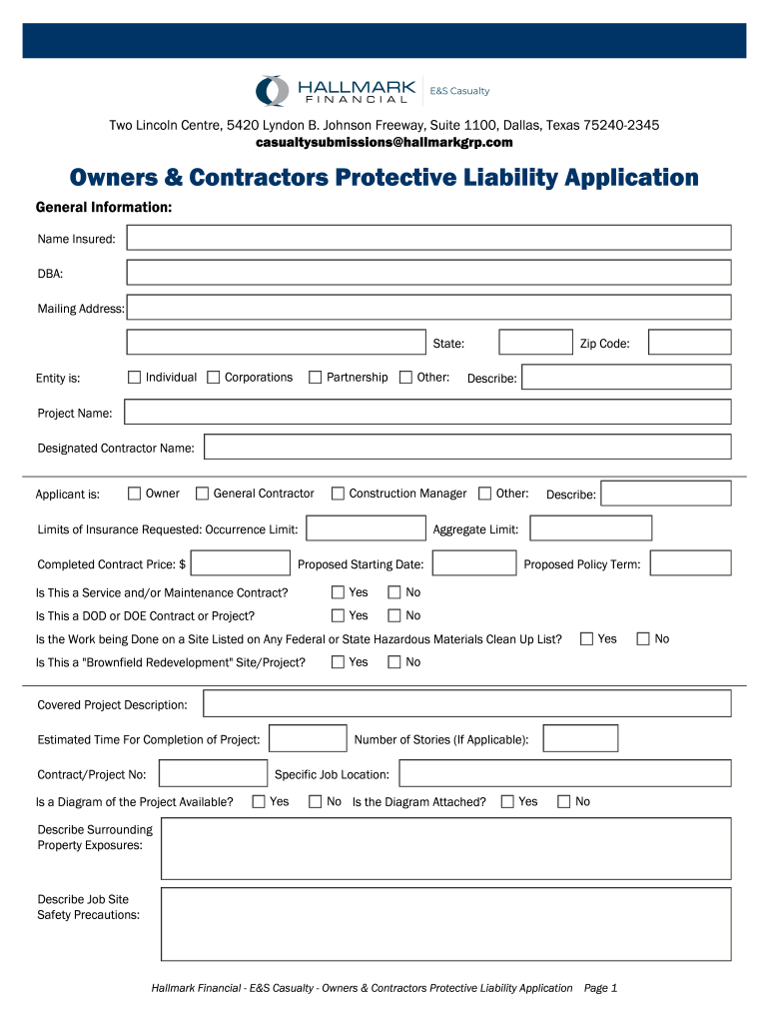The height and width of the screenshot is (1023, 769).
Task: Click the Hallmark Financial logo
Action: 336,91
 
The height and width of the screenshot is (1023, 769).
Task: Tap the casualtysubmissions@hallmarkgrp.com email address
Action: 384,143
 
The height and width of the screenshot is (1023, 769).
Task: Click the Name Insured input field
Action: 428,238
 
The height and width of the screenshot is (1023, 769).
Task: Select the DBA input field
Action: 428,273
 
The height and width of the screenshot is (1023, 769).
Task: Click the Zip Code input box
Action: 689,343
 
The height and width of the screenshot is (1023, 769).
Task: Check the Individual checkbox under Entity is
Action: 134,378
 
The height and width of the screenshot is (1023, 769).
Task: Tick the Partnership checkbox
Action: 315,378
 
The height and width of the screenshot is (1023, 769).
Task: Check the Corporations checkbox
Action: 213,378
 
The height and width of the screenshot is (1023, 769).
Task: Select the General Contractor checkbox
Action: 202,494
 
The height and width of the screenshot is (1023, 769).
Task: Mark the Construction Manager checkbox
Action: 338,494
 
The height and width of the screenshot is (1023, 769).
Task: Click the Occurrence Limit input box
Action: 366,528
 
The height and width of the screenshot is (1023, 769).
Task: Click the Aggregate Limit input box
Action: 590,528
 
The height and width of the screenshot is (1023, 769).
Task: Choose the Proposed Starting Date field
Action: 473,563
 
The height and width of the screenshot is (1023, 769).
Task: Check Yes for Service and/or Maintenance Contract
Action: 338,592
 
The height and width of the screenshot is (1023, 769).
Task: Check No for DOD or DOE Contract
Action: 393,615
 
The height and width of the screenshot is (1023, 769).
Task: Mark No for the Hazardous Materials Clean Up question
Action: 642,638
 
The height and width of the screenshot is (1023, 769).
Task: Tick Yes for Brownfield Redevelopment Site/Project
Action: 338,661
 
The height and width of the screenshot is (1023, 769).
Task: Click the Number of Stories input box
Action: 580,739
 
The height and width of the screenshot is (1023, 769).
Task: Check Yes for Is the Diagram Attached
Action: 507,801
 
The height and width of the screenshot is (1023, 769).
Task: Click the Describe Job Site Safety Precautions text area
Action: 445,924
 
